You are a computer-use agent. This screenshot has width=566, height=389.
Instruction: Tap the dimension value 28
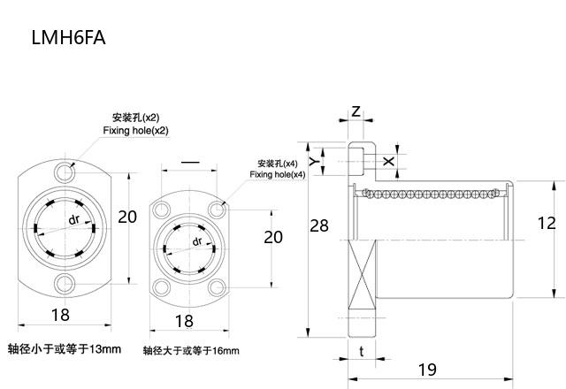pyautogui.click(x=319, y=225)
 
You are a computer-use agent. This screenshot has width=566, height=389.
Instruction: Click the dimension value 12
pyautogui.click(x=547, y=225)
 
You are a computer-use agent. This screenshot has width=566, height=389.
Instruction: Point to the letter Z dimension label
pyautogui.click(x=356, y=111)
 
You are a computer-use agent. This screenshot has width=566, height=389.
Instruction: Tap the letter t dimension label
pyautogui.click(x=363, y=352)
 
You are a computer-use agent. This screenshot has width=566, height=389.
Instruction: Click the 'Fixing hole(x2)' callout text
pyautogui.click(x=135, y=131)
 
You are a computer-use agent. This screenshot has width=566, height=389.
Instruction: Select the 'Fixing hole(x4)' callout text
pyautogui.click(x=277, y=175)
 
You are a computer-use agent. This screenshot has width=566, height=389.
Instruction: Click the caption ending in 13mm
pyautogui.click(x=64, y=348)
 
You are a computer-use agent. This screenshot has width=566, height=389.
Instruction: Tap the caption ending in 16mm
pyautogui.click(x=191, y=351)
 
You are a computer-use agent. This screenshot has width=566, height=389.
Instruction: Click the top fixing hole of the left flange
pyautogui.click(x=64, y=169)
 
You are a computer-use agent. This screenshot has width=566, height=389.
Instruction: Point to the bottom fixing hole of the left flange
pyautogui.click(x=64, y=283)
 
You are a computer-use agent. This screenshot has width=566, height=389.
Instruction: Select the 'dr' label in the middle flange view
pyautogui.click(x=197, y=240)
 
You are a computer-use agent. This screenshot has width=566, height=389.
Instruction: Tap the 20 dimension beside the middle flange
pyautogui.click(x=273, y=237)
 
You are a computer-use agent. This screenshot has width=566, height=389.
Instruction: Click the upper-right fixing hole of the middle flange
pyautogui.click(x=218, y=210)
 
